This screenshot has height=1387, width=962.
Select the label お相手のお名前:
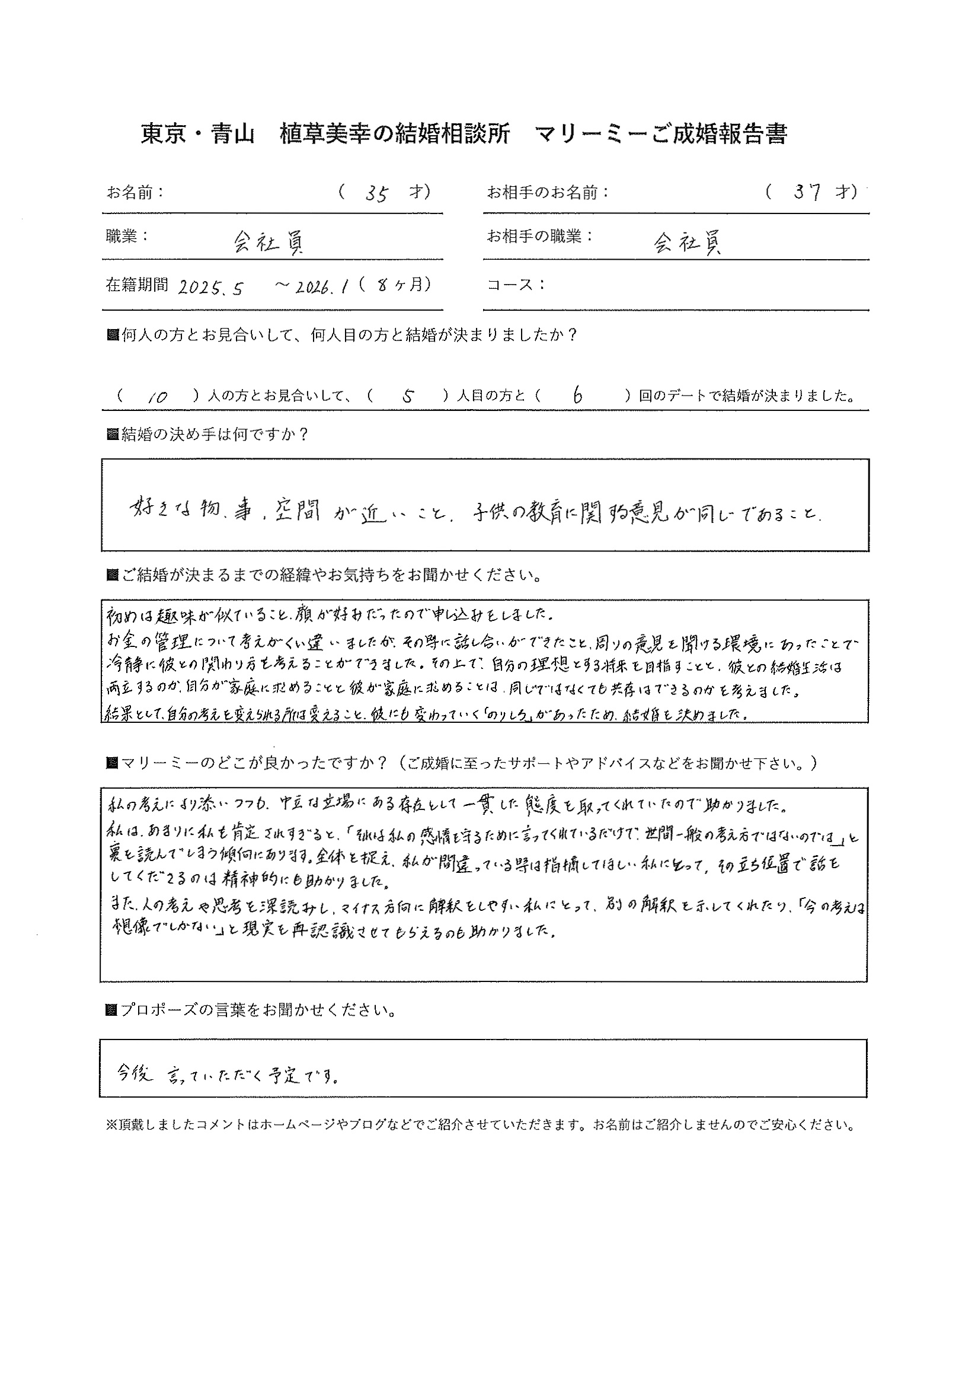(547, 192)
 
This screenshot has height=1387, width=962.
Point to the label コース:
(516, 285)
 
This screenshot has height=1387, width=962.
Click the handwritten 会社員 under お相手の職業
(688, 243)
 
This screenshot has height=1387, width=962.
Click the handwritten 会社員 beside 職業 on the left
(268, 243)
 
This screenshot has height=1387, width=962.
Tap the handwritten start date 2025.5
(210, 288)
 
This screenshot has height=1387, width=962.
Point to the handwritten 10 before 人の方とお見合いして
(156, 397)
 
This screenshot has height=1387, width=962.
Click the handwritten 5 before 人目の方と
(409, 396)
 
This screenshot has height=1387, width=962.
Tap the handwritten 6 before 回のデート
(578, 395)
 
